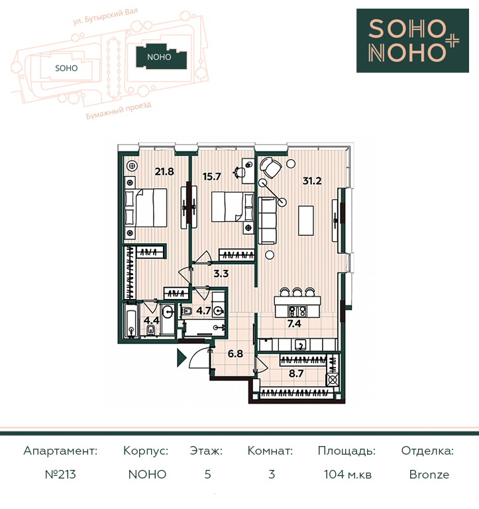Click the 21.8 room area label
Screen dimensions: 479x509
pos(164,172)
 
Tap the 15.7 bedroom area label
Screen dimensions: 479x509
pos(211,176)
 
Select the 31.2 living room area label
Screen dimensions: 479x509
pos(312,181)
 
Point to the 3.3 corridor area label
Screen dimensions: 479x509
pos(221,274)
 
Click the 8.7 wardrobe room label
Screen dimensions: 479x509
pos(296,374)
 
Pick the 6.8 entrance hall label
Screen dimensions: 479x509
pos(235,353)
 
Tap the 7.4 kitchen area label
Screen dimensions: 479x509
pos(294,323)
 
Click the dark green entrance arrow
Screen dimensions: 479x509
pos(182,358)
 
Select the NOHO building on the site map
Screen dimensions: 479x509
pos(162,56)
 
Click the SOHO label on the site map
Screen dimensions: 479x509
pos(66,68)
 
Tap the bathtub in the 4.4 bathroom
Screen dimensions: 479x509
pos(131,319)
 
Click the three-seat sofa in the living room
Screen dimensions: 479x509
pos(268,221)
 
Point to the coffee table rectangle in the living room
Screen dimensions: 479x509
pos(305,221)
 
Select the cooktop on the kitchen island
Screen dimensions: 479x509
pos(297,311)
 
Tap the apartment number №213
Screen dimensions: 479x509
pos(60,475)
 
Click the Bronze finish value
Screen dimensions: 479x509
pos(429,475)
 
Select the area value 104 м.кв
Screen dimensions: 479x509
pos(348,475)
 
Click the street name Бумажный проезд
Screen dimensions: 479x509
pos(119,111)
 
